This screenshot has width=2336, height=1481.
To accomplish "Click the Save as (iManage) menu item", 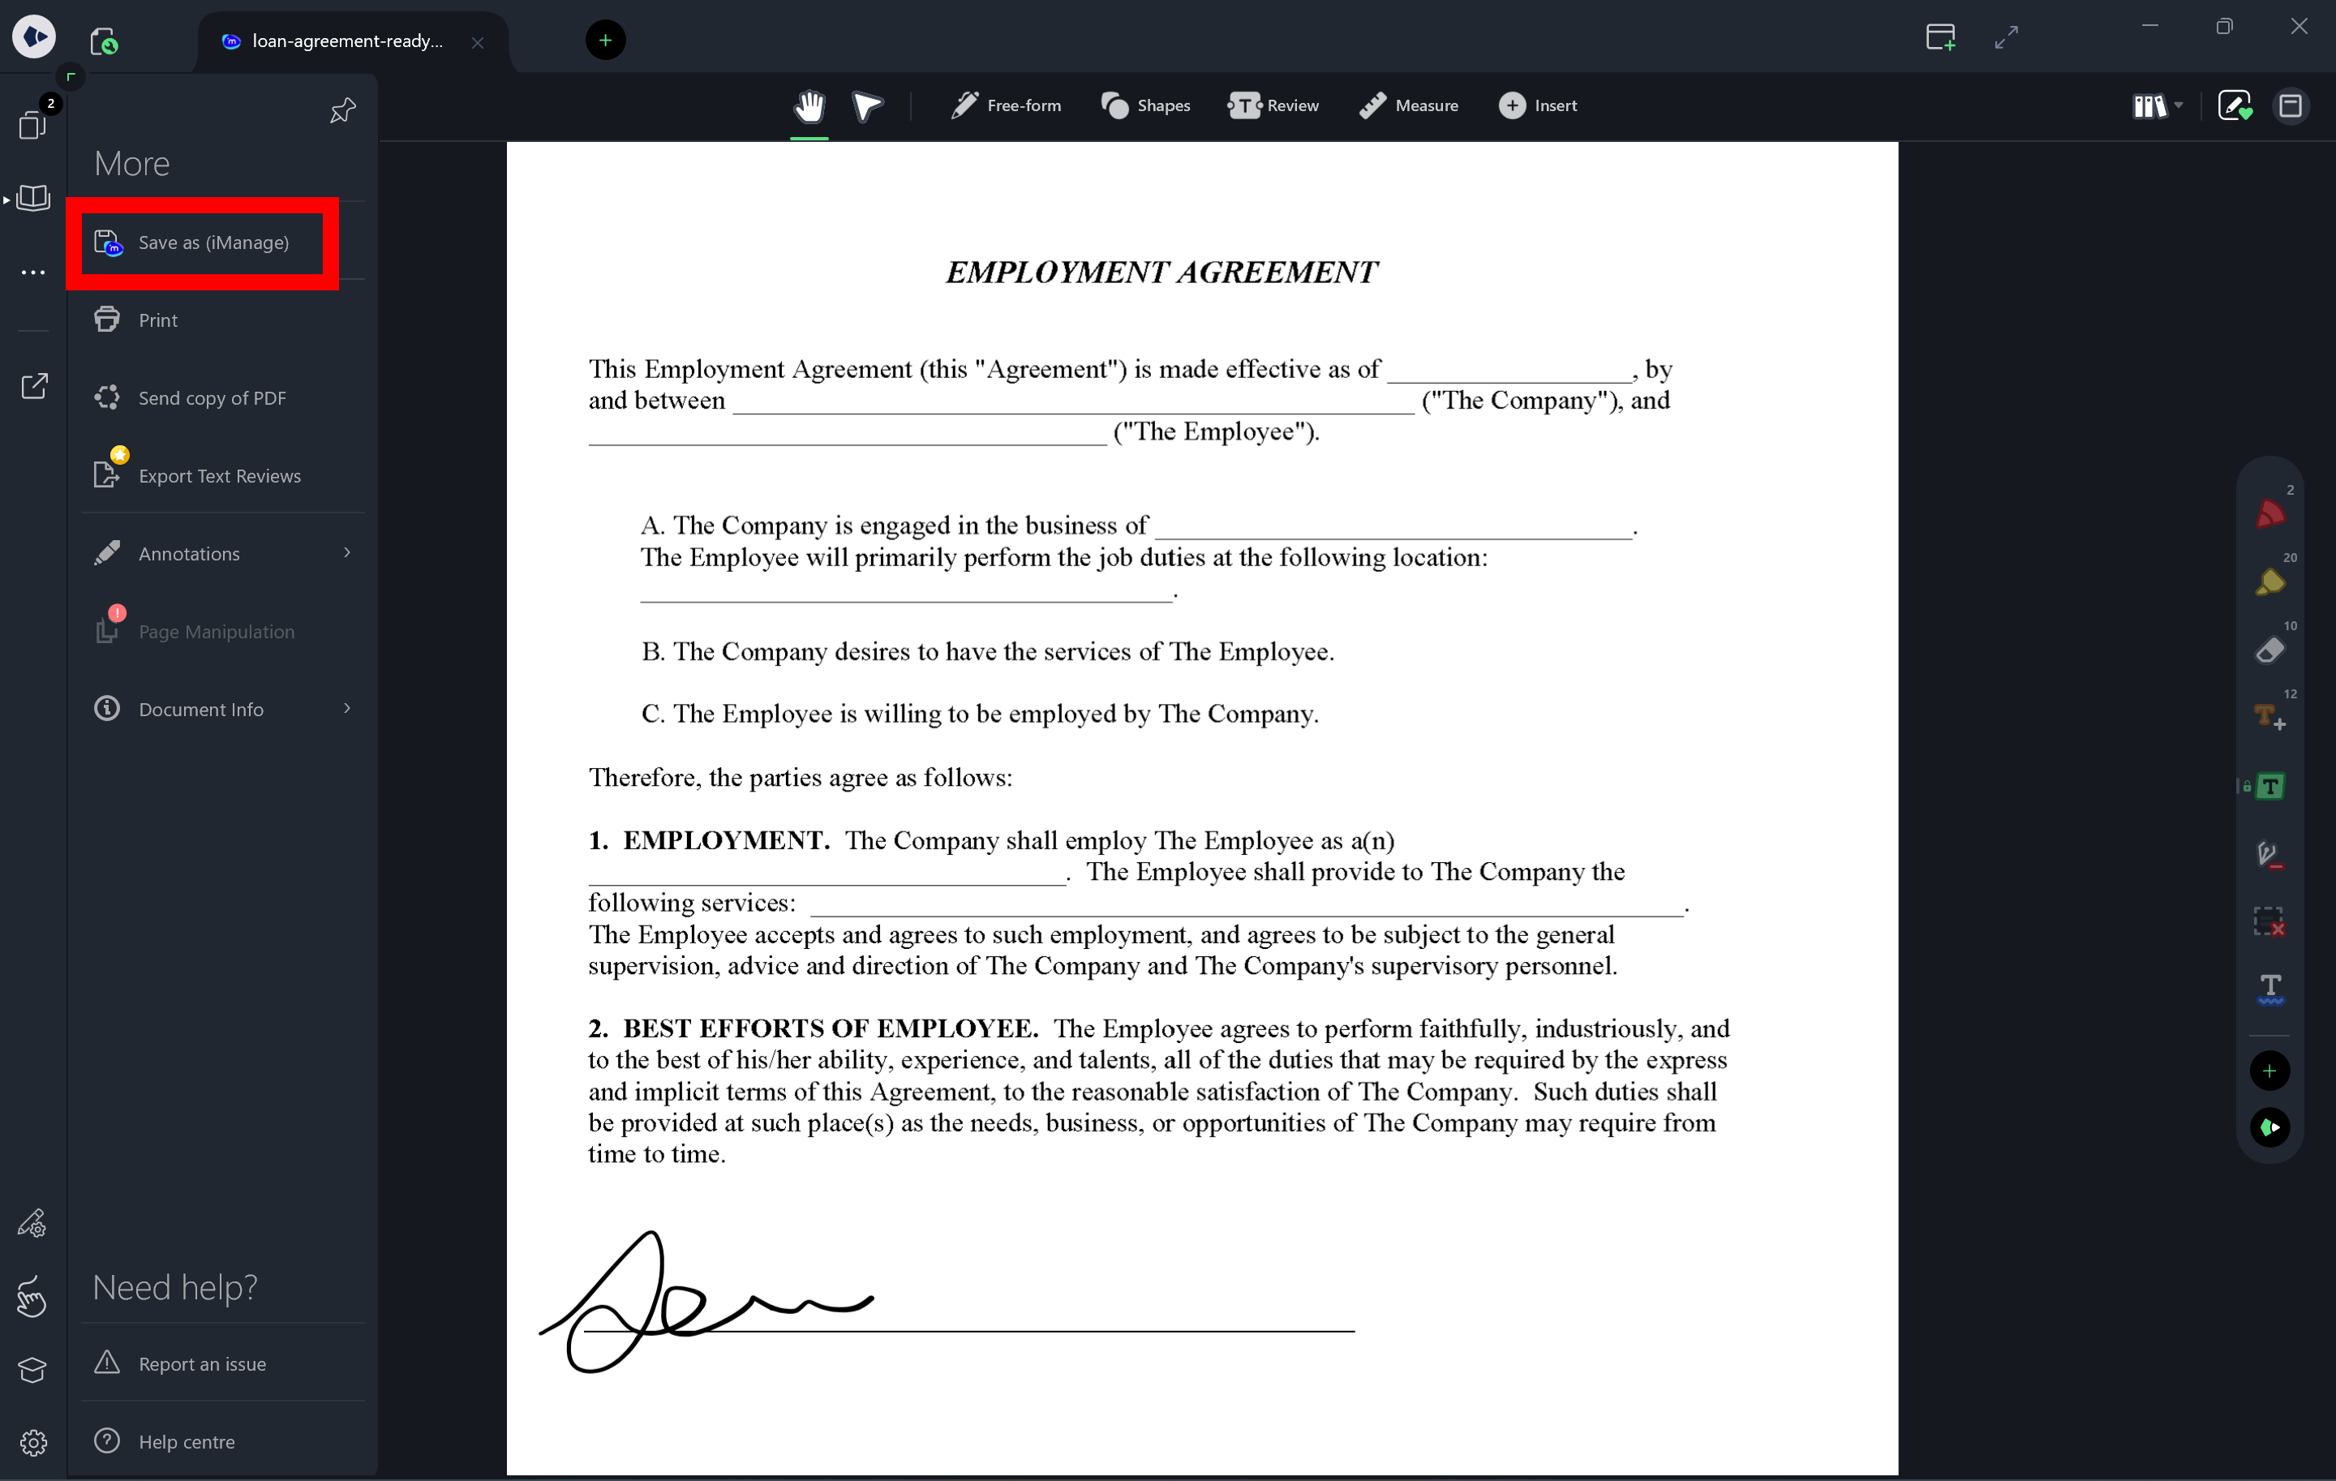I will [213, 243].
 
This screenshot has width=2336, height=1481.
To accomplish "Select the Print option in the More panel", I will [157, 320].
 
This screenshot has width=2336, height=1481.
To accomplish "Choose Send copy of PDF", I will [212, 397].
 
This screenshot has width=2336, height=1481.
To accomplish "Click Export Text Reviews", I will [219, 476].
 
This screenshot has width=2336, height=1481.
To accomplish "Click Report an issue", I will [202, 1363].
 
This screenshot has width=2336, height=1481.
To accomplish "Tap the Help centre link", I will [187, 1441].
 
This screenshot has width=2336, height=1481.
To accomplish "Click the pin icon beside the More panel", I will [342, 110].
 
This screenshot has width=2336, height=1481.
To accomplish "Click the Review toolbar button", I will [1273, 105].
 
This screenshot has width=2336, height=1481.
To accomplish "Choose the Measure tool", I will [1409, 105].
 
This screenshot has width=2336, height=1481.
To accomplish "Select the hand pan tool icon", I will [809, 105].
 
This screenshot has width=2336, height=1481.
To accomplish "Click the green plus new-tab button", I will [605, 41].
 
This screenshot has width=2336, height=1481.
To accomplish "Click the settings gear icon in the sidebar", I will [33, 1442].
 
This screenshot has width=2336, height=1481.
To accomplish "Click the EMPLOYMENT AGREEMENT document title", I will [1162, 273].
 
